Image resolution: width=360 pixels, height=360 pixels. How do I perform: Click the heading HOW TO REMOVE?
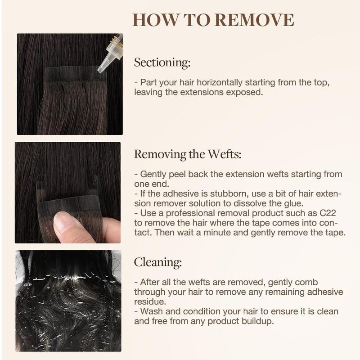pyautogui.click(x=213, y=20)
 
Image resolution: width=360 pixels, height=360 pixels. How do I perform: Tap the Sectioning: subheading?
pyautogui.click(x=162, y=63)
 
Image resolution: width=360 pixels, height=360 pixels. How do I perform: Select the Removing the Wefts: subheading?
pyautogui.click(x=188, y=154)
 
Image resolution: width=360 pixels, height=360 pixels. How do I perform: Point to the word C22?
pyautogui.click(x=332, y=212)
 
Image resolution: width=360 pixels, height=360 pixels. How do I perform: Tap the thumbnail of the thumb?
pyautogui.click(x=67, y=222)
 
